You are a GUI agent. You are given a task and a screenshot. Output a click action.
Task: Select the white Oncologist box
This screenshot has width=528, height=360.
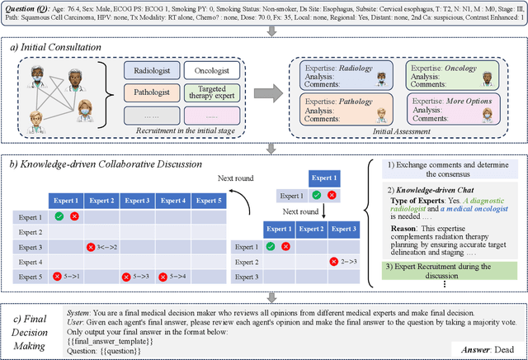211,72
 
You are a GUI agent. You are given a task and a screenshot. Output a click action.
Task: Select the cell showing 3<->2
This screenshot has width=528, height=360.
103,247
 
